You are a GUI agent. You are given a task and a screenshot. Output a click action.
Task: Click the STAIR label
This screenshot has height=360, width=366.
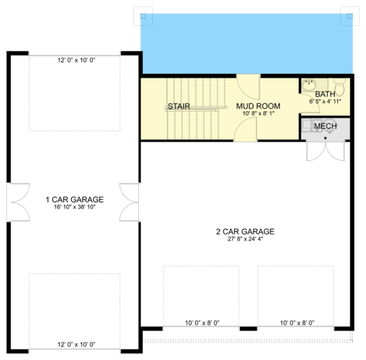point(179,106)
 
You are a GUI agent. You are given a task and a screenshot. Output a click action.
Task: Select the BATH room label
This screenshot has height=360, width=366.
point(325,94)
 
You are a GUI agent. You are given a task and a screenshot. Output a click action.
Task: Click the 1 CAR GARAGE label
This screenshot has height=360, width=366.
point(74,200)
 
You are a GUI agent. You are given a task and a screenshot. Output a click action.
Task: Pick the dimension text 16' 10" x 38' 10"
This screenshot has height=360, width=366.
point(74,207)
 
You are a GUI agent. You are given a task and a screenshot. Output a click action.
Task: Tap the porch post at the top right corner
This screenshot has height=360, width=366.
point(348,16)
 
